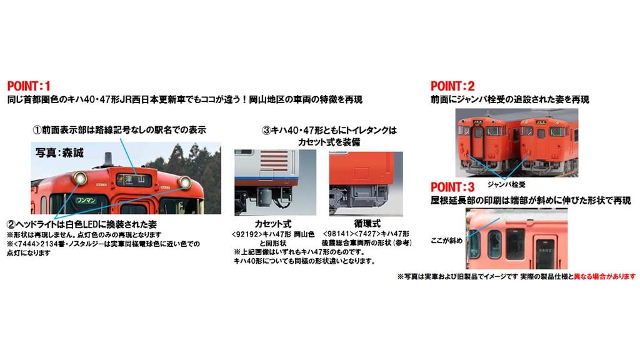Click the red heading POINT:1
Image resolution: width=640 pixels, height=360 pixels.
click(x=29, y=86)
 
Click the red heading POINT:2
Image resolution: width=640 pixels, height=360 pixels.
click(x=452, y=86)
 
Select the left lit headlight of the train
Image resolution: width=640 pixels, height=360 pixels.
click(x=79, y=180)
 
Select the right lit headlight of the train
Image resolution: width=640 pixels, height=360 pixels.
click(x=184, y=182)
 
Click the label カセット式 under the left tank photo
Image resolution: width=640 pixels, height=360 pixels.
click(x=272, y=224)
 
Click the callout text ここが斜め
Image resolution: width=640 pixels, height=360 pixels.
click(x=446, y=241)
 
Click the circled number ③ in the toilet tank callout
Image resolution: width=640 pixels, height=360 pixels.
click(x=266, y=131)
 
